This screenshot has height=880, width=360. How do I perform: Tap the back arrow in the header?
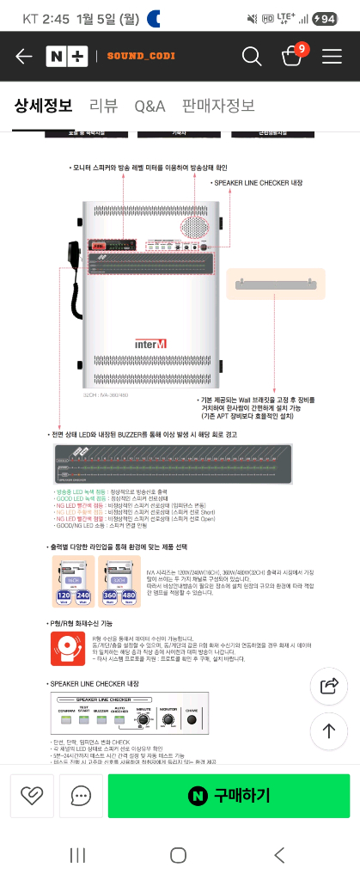23,57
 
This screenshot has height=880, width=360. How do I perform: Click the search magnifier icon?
252,57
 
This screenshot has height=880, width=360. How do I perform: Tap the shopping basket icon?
292,57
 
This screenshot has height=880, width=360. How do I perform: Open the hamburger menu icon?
332,57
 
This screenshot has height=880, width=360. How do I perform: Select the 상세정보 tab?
43,107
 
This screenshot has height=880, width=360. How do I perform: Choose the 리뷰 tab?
103,107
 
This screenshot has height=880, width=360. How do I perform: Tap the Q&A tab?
149,107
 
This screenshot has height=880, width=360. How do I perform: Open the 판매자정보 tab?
218,107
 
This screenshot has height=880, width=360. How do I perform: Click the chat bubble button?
82,796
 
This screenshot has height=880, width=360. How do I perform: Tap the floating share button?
328,685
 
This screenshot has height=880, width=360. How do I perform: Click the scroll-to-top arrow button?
328,730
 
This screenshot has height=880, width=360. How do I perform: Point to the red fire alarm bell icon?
69,650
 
